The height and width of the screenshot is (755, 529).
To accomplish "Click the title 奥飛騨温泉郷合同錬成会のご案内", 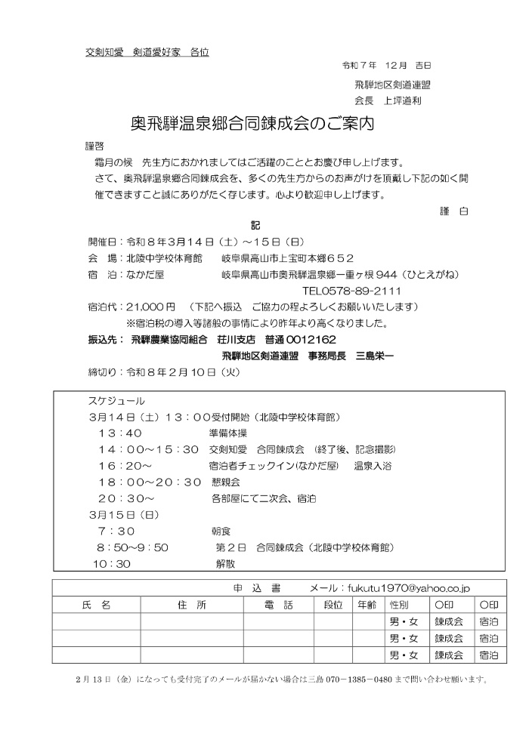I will (252, 122).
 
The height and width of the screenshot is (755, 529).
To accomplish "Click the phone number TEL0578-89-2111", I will (351, 291).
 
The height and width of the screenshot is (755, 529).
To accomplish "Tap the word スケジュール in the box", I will (118, 401).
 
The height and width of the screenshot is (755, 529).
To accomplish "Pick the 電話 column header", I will (280, 605).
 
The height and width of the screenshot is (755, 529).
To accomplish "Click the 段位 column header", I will (333, 605).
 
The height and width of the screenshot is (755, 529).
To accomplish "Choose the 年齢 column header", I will (367, 605).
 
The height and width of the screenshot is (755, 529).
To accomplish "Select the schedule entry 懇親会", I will (227, 482).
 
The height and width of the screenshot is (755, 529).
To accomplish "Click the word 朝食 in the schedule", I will (221, 531).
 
